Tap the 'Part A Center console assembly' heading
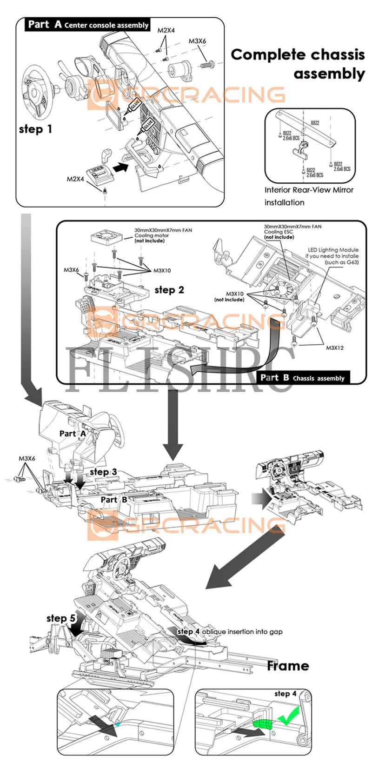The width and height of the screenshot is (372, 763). pyautogui.click(x=88, y=25)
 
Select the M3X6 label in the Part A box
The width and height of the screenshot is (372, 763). pyautogui.click(x=197, y=41)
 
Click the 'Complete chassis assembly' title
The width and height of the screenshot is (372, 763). pyautogui.click(x=298, y=64)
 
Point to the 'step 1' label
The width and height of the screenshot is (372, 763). pyautogui.click(x=36, y=129)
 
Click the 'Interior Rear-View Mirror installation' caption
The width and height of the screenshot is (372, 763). pyautogui.click(x=309, y=196)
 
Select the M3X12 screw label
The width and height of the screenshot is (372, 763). pyautogui.click(x=335, y=348)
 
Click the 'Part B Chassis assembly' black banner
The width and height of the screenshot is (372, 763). pyautogui.click(x=302, y=378)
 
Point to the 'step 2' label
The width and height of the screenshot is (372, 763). pyautogui.click(x=169, y=290)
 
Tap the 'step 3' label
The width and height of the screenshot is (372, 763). pyautogui.click(x=103, y=472)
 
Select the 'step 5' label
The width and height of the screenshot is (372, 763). pyautogui.click(x=61, y=618)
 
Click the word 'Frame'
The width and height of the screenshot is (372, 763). pyautogui.click(x=288, y=666)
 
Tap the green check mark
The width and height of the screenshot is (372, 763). pyautogui.click(x=288, y=716)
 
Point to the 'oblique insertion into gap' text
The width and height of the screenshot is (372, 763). pyautogui.click(x=242, y=631)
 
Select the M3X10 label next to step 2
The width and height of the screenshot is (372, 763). pyautogui.click(x=162, y=271)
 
